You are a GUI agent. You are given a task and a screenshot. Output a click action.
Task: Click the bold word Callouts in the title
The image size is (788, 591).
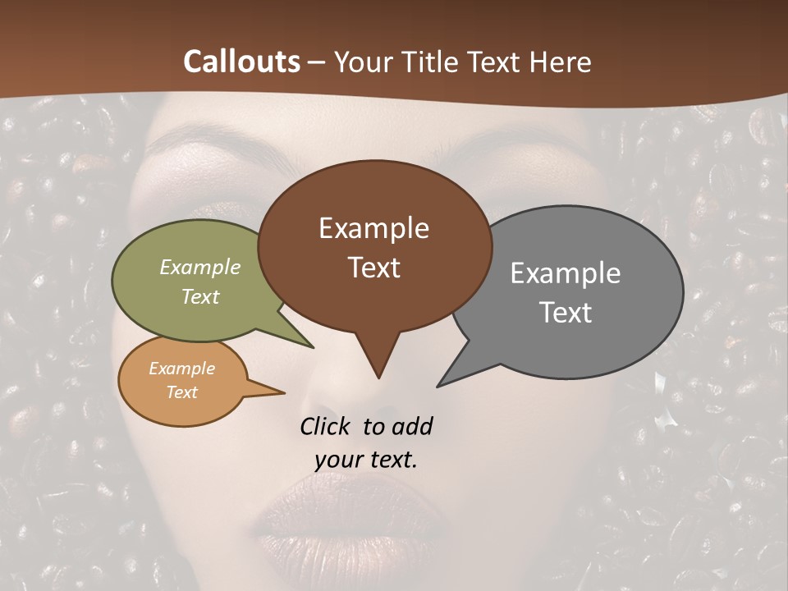(241, 62)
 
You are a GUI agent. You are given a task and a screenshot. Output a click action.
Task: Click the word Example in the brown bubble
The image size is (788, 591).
(373, 228)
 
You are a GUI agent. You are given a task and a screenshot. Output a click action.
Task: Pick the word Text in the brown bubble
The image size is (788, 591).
(374, 268)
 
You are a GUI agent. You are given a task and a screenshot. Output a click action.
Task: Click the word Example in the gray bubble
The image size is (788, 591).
(566, 273)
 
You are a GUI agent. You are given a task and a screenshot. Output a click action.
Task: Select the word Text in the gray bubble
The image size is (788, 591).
(566, 313)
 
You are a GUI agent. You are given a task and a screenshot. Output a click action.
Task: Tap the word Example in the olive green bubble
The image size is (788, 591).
(200, 267)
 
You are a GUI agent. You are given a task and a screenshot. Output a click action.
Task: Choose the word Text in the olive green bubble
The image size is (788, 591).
(200, 296)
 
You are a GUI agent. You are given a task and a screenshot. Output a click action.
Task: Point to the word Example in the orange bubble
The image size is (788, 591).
(181, 369)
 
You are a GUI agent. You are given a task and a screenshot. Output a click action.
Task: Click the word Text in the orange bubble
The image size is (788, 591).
(181, 392)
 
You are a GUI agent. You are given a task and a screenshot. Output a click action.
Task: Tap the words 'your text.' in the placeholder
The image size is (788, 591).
(366, 460)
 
